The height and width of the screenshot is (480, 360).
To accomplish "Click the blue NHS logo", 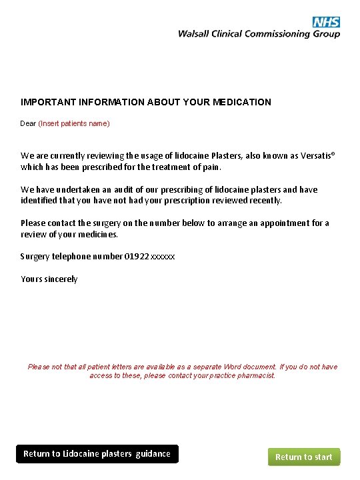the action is [x=327, y=23].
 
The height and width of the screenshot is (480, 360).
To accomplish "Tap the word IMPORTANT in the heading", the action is [x=47, y=102].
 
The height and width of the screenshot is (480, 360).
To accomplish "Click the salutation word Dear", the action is [x=28, y=123].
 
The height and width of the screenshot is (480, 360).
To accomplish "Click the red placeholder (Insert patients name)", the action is [x=74, y=123].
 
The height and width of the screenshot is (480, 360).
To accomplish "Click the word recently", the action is [x=265, y=200].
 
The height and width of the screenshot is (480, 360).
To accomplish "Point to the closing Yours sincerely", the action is [x=49, y=279].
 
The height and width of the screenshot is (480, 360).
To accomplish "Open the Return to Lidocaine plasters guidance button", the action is [x=97, y=454].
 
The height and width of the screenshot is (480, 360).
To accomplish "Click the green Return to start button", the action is [x=304, y=457].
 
